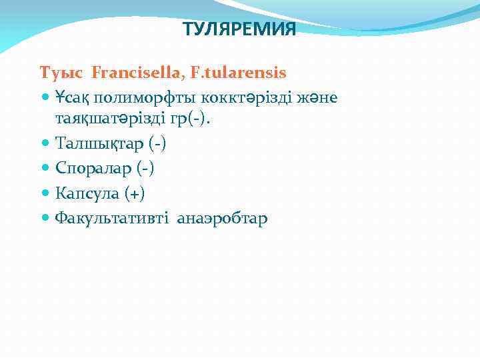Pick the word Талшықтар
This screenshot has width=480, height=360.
tap(93, 143)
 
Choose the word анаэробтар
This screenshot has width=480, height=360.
tap(222, 218)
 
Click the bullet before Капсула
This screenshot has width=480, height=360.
tap(45, 193)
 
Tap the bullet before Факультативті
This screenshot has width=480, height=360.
tap(45, 218)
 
